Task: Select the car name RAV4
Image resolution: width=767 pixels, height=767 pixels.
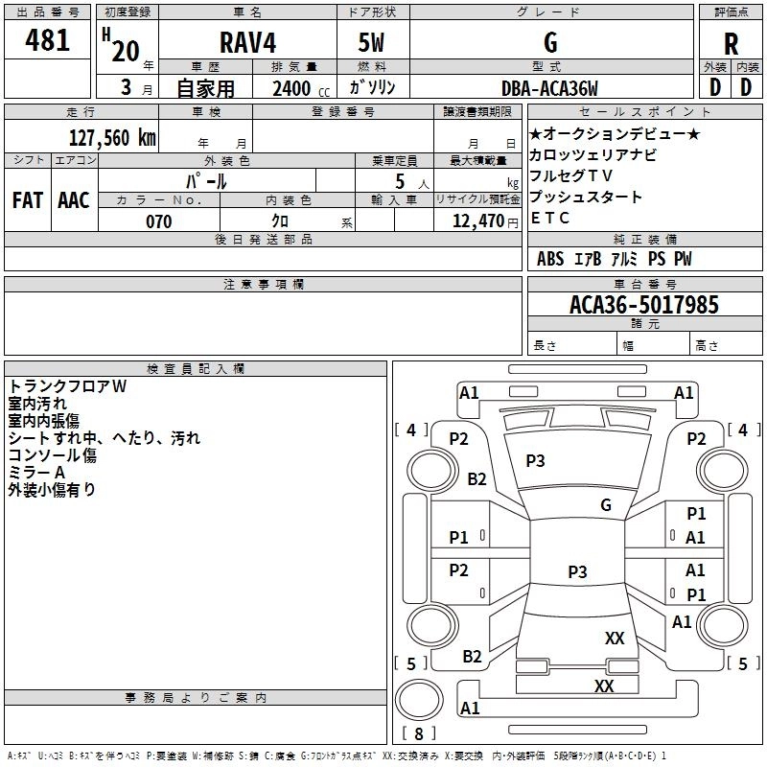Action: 244,43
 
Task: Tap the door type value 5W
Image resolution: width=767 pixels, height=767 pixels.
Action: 372,43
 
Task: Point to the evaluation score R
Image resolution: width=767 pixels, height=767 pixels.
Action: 731,44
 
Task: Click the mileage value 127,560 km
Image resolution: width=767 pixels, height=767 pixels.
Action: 112,137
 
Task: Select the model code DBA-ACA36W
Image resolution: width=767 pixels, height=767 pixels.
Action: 549,89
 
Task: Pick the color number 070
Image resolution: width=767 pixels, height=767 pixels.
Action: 158,221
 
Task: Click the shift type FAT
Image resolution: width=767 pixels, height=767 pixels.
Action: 28,199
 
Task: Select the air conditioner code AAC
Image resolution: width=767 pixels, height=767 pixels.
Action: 73,199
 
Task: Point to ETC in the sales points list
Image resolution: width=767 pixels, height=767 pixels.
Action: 550,218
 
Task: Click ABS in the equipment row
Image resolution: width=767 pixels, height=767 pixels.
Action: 550,259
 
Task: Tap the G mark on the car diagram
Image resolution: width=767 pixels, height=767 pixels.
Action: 606,504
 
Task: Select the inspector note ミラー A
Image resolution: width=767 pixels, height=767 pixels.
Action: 37,472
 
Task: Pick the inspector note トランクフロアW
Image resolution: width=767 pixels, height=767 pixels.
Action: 68,386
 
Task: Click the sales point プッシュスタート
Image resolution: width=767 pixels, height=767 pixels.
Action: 586,197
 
